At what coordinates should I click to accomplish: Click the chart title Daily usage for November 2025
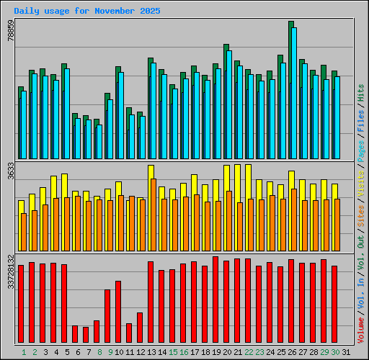[87, 12]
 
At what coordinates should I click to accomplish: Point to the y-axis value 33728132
[10, 271]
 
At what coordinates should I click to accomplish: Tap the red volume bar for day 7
[86, 335]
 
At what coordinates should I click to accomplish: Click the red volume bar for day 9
[107, 316]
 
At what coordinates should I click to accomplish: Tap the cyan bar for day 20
[229, 104]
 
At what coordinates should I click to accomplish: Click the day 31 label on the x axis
[346, 352]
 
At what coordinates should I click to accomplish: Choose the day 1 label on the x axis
[24, 352]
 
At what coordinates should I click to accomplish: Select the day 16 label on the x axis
[184, 352]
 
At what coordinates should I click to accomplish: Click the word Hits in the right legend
[361, 92]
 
